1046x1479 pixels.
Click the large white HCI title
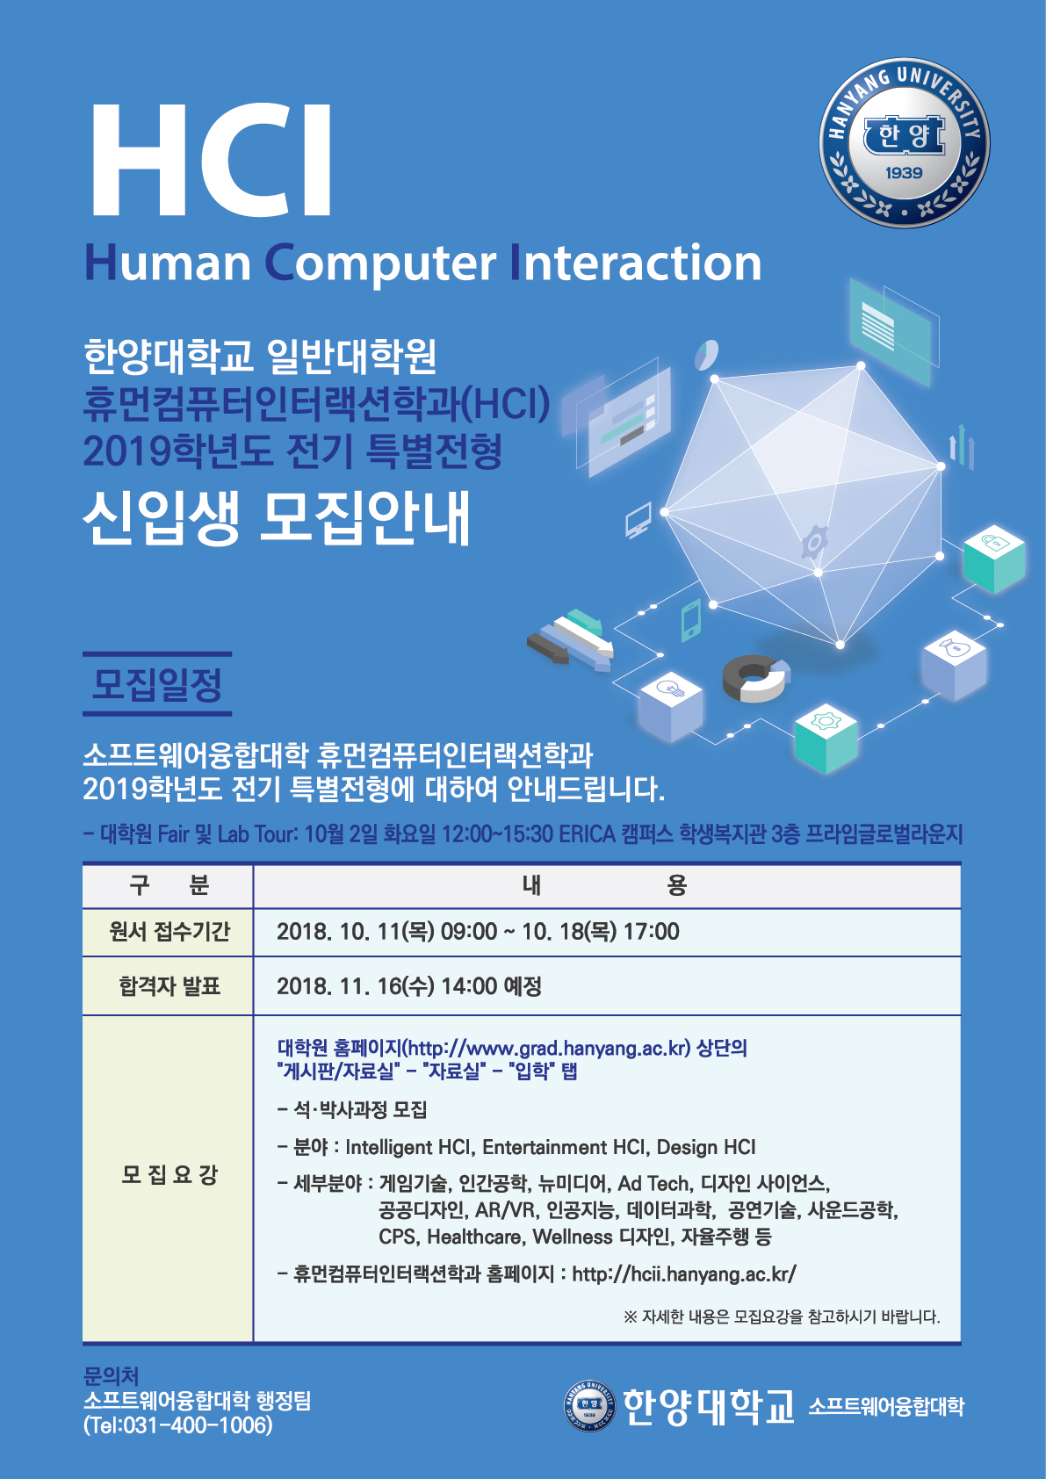[x=210, y=160]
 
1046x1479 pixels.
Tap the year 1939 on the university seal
[x=904, y=173]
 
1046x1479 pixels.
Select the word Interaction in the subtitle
[x=637, y=263]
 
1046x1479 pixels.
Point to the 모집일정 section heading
[x=157, y=684]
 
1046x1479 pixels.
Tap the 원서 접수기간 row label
[x=169, y=932]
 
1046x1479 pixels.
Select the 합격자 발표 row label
[x=169, y=986]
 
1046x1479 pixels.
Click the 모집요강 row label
[x=169, y=1174]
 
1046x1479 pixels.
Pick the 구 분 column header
[x=169, y=884]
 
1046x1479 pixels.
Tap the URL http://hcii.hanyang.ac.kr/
[x=684, y=1274]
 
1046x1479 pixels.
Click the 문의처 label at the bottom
[x=111, y=1375]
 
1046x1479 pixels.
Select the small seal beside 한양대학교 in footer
[x=589, y=1404]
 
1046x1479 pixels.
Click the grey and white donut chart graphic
[x=756, y=678]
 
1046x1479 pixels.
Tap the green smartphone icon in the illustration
[x=690, y=620]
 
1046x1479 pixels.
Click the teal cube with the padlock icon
[x=994, y=559]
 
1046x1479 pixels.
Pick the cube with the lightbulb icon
[x=671, y=706]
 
